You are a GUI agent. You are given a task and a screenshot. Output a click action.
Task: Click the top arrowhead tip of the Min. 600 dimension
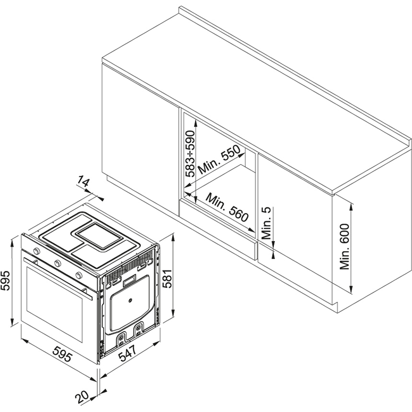(351, 202)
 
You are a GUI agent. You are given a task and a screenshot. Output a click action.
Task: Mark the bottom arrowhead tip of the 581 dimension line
(173, 317)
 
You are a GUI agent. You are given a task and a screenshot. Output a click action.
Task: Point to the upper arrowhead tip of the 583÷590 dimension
(195, 118)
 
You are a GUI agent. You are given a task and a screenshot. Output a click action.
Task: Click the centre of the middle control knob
(57, 263)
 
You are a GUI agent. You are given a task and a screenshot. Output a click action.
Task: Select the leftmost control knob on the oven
(36, 251)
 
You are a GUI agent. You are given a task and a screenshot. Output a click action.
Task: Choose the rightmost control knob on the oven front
(79, 275)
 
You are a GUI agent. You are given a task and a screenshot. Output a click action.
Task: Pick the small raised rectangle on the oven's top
(100, 236)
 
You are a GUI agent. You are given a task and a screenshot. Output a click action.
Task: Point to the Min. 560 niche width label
(227, 207)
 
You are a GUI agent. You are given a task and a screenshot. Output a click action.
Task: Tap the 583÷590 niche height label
(190, 153)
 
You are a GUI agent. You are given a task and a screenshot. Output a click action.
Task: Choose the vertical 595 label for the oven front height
(5, 280)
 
